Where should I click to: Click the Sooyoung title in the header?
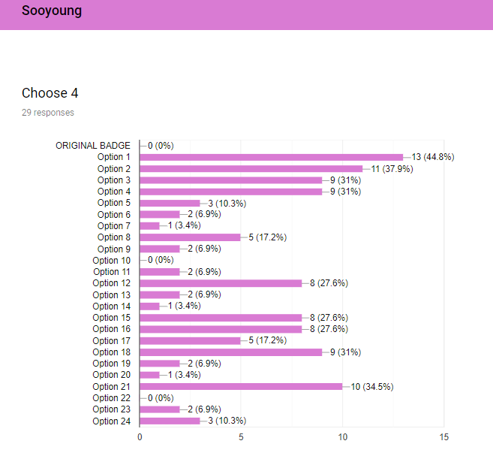click(52, 11)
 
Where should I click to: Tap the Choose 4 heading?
click(50, 93)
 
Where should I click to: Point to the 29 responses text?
click(48, 113)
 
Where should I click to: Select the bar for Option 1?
click(272, 157)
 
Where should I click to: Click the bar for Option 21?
click(241, 387)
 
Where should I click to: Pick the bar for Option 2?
click(251, 169)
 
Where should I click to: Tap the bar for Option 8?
click(190, 237)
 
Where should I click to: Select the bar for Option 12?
click(221, 283)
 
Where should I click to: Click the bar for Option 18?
click(231, 352)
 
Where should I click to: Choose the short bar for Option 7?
click(149, 226)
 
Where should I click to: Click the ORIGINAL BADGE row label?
click(93, 146)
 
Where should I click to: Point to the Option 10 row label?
click(111, 261)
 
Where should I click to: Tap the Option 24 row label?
click(111, 421)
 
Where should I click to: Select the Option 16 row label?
click(111, 329)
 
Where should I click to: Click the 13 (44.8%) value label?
click(433, 157)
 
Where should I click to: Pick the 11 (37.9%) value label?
click(392, 169)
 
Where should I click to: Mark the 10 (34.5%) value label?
click(372, 387)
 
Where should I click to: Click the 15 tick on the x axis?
click(444, 437)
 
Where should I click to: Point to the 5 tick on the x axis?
click(241, 437)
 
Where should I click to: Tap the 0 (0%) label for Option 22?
click(161, 398)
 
